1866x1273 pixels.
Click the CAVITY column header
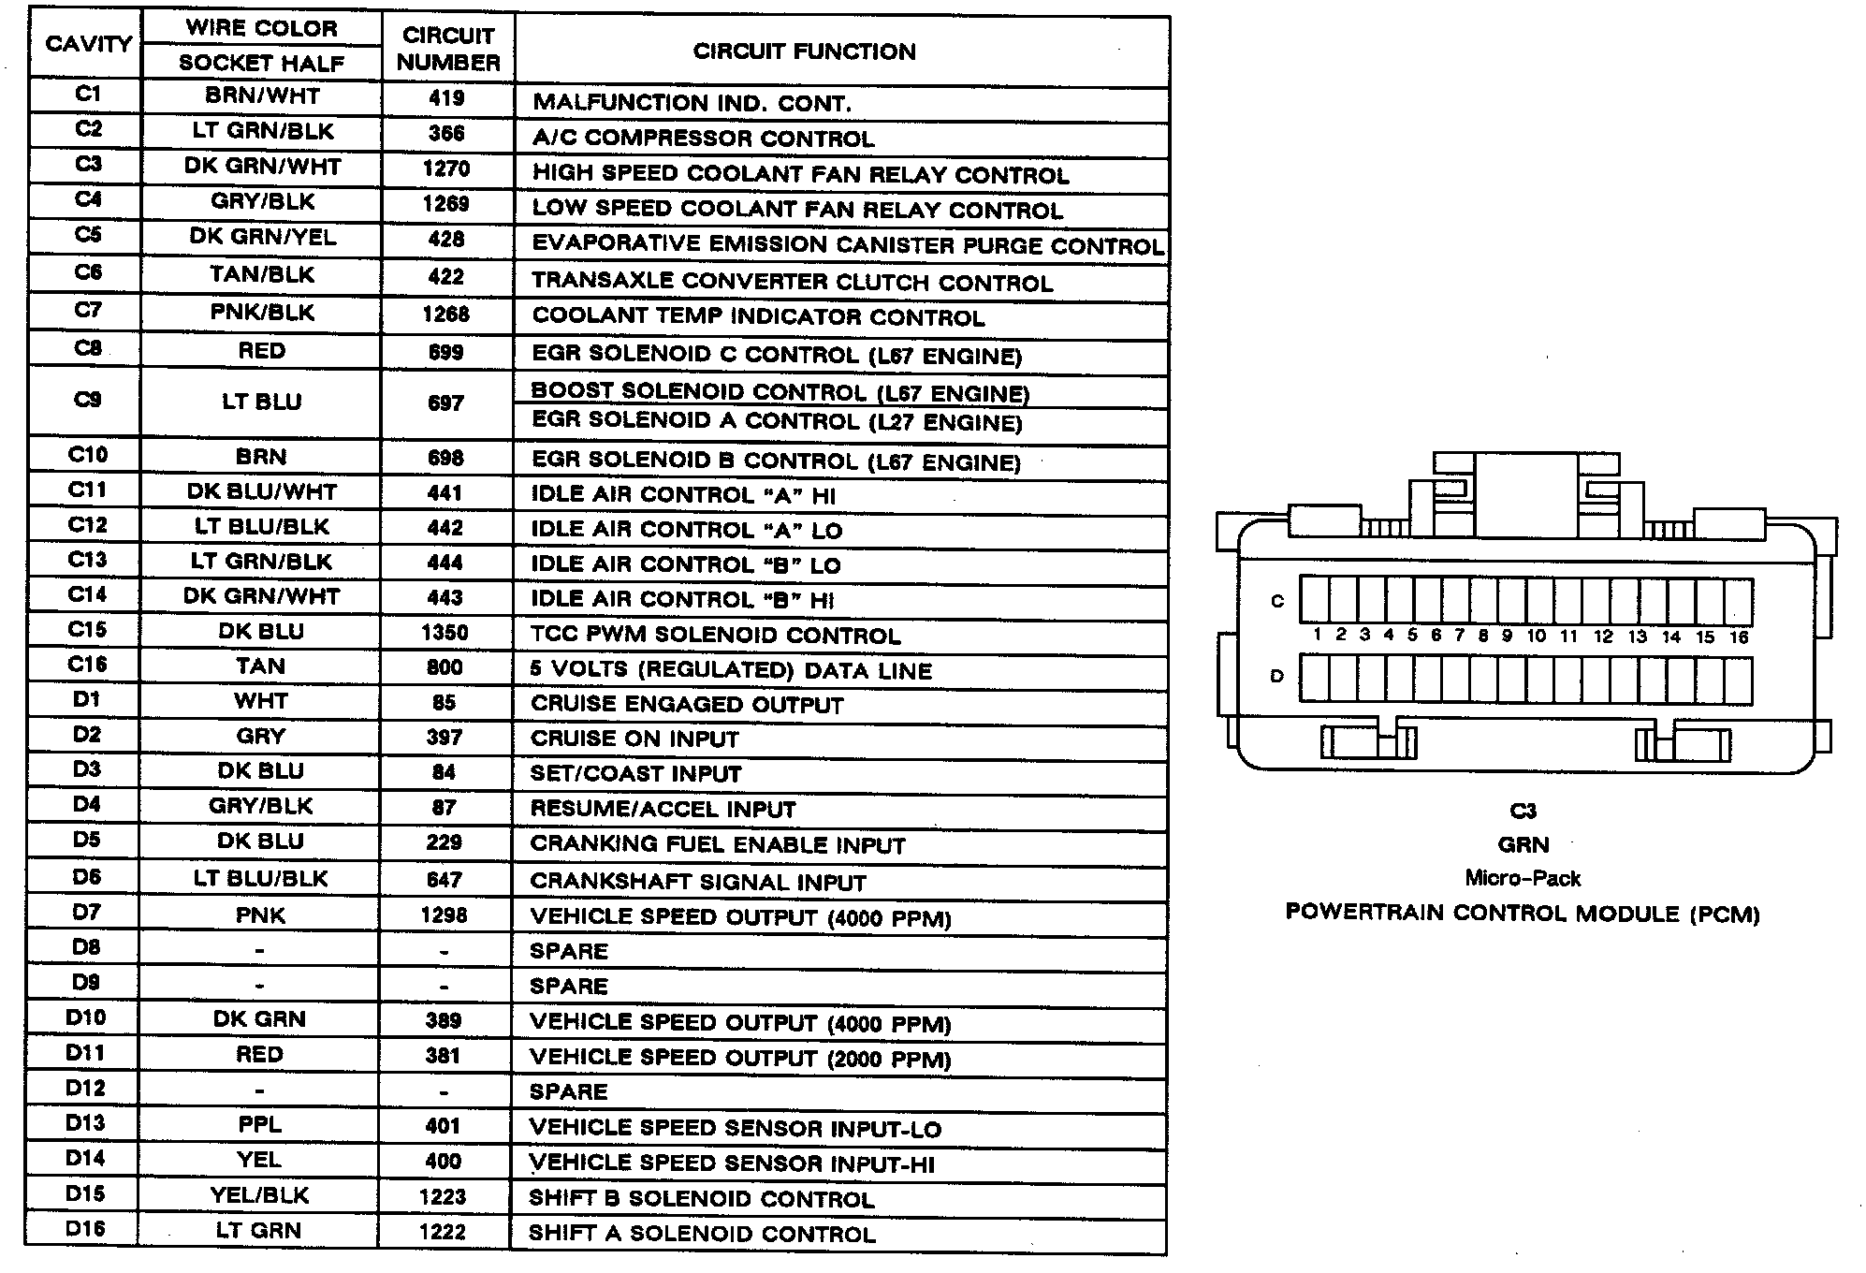(88, 44)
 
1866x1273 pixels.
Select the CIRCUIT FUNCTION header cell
(804, 51)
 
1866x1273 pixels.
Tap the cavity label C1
(88, 94)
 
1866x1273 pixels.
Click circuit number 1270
(446, 168)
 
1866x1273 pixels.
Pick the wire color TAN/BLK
(262, 274)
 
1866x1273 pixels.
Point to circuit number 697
(445, 402)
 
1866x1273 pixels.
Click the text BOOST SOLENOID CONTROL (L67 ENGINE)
(780, 391)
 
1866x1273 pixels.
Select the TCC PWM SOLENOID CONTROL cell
(715, 636)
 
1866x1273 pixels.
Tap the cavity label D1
(86, 699)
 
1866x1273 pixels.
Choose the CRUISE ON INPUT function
(634, 739)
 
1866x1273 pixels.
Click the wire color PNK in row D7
(260, 915)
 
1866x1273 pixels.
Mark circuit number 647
(444, 879)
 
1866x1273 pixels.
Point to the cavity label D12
(85, 1088)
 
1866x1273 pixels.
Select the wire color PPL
(259, 1124)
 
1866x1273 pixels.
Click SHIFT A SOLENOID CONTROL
(702, 1234)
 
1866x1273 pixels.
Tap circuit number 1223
(443, 1196)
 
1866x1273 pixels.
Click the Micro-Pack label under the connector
(1523, 878)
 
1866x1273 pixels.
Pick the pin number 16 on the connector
(1738, 636)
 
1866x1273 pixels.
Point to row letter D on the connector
(1276, 676)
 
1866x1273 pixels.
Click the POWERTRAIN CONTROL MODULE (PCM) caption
(1523, 913)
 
